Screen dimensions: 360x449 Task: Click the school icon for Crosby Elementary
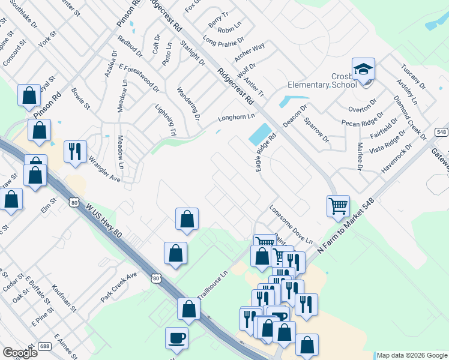[363, 70]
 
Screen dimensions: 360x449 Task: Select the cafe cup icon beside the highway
[176, 338]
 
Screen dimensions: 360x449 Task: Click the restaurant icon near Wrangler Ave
[75, 151]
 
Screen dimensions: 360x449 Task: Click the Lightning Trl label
[166, 120]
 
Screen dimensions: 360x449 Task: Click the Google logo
[20, 353]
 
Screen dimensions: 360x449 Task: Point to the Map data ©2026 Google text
[412, 355]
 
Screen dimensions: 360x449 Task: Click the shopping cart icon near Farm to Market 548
[338, 206]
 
